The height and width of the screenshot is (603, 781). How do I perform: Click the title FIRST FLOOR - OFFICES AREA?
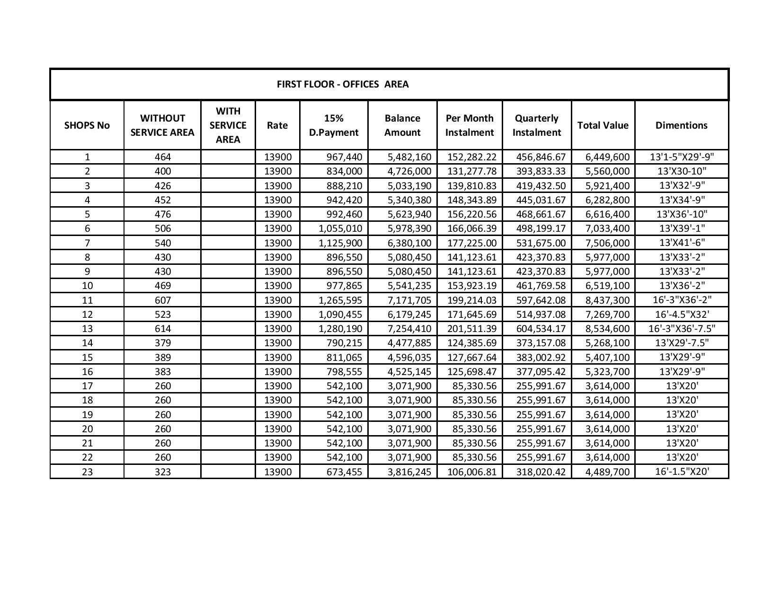tap(342, 84)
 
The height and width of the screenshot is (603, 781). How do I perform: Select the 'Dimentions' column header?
tap(681, 125)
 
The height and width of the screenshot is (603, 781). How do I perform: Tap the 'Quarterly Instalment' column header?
tap(536, 125)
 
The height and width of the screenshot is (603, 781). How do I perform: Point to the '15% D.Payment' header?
tap(334, 125)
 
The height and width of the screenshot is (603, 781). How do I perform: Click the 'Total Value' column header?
tap(603, 125)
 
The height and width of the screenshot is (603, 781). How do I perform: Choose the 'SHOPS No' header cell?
tap(87, 125)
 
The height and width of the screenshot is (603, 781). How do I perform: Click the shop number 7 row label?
tap(87, 243)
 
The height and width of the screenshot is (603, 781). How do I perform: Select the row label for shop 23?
tap(87, 472)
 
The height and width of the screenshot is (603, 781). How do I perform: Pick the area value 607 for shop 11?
tap(162, 300)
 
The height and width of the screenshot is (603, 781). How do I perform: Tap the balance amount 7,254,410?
tap(409, 329)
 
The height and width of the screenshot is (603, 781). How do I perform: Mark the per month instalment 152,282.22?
tap(472, 157)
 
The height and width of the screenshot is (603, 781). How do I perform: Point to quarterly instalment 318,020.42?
tap(541, 472)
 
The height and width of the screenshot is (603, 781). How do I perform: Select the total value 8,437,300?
tap(607, 300)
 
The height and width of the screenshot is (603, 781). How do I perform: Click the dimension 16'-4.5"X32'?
tap(682, 314)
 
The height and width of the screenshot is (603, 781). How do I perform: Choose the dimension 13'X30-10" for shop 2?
tap(682, 171)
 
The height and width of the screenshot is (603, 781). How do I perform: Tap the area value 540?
tap(162, 243)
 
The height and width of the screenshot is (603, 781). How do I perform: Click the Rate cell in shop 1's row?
tap(278, 157)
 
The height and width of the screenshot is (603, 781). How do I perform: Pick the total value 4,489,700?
tap(607, 472)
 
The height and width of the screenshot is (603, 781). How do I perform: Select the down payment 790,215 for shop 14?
tap(344, 343)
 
